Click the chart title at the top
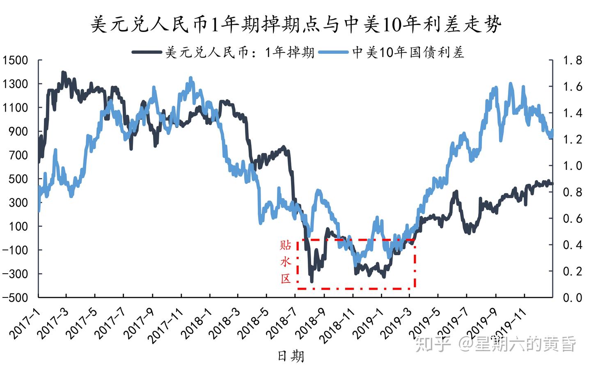point(295,25)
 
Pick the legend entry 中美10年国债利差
point(408,53)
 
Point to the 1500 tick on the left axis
point(16,60)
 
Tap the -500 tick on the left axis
point(16,297)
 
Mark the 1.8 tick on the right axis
point(572,60)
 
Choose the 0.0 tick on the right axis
point(572,297)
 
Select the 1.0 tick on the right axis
point(572,166)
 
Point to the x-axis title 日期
point(291,356)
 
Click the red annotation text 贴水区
point(286,262)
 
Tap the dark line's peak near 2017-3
point(63,73)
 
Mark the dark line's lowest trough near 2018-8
point(312,281)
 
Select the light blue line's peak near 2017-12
point(190,78)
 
